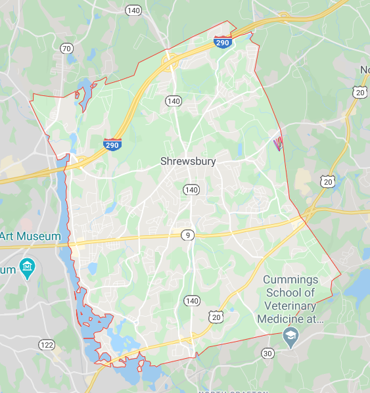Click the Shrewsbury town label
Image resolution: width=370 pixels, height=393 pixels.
pyautogui.click(x=188, y=160)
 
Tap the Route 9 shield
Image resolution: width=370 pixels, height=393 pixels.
pyautogui.click(x=189, y=235)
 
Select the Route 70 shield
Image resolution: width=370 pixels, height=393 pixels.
pyautogui.click(x=66, y=49)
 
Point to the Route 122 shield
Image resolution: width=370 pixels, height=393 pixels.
pyautogui.click(x=47, y=344)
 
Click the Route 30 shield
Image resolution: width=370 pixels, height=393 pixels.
pyautogui.click(x=267, y=354)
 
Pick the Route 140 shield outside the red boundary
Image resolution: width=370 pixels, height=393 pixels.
pyautogui.click(x=134, y=11)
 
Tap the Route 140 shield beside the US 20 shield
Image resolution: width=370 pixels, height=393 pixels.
pyautogui.click(x=191, y=301)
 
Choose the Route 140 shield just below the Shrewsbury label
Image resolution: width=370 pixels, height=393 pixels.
pyautogui.click(x=191, y=189)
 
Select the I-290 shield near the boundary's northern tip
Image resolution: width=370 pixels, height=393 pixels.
pyautogui.click(x=222, y=43)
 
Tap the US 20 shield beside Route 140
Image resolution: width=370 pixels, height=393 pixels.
pyautogui.click(x=217, y=316)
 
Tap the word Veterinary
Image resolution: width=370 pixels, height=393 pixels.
pyautogui.click(x=291, y=306)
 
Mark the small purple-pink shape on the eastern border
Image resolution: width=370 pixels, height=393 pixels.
pyautogui.click(x=279, y=143)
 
